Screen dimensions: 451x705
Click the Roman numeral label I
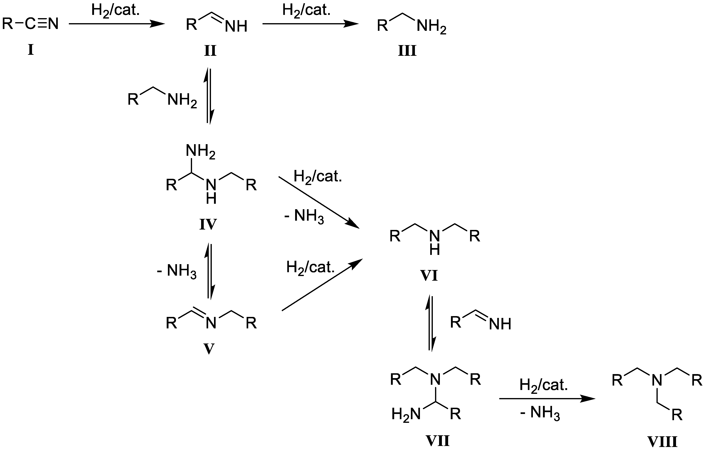(x=31, y=50)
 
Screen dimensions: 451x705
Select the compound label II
(x=210, y=51)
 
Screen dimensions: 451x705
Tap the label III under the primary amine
(x=407, y=51)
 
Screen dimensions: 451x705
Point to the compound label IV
(x=208, y=225)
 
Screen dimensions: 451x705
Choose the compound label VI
(x=429, y=276)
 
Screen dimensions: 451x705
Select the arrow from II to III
(x=310, y=24)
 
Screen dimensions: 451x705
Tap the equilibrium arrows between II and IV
(x=209, y=96)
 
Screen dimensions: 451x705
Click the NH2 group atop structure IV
(x=201, y=151)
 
